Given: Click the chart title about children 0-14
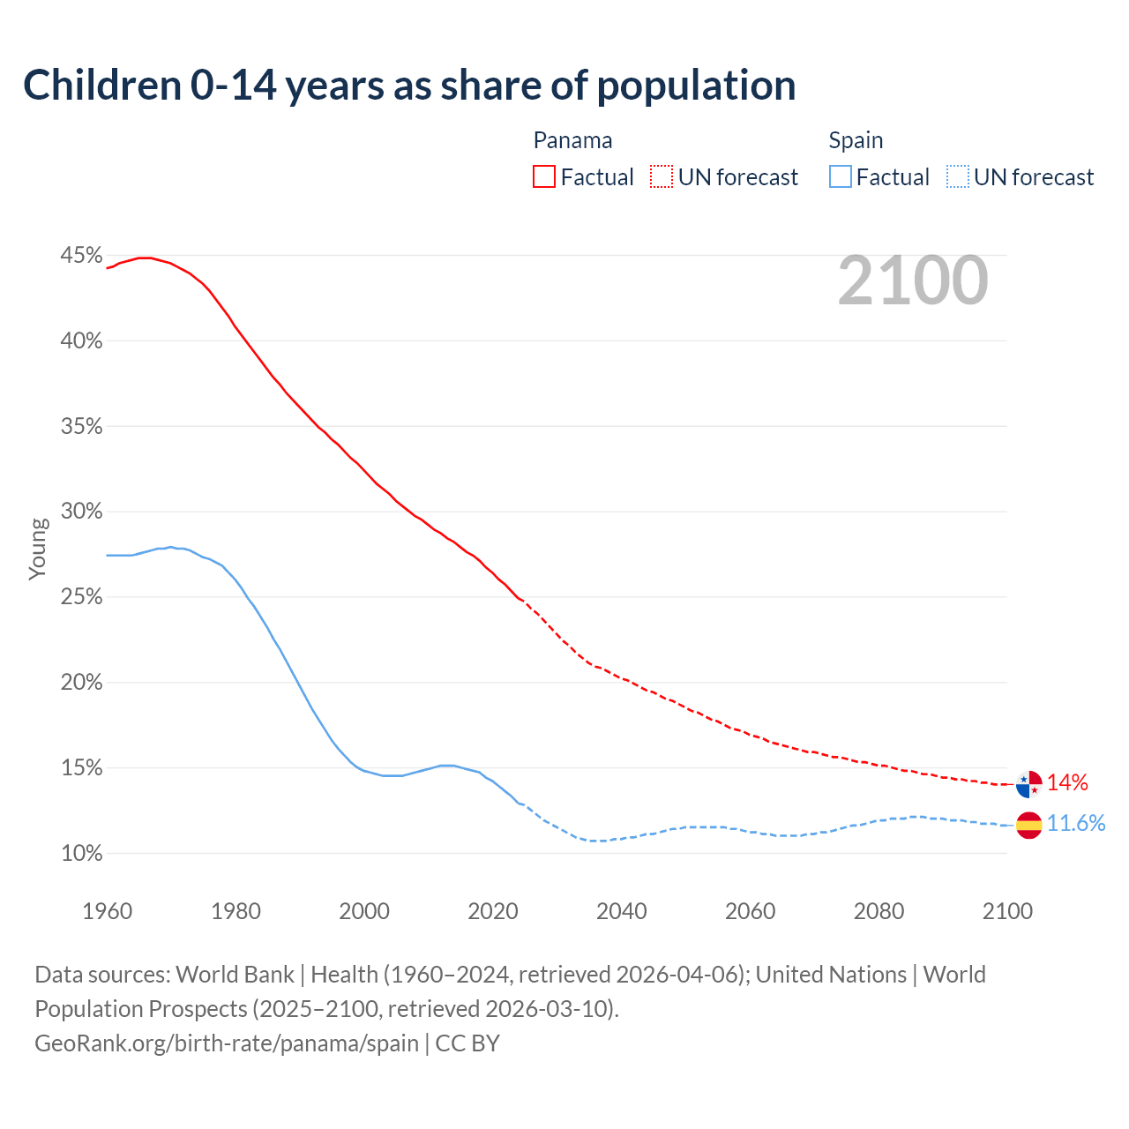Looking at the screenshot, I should (409, 86).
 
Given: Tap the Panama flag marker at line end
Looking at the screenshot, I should (1028, 783).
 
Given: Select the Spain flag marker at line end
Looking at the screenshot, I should (1028, 825).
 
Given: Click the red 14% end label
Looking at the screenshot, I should (1067, 783).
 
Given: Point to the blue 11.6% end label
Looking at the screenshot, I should (1076, 824).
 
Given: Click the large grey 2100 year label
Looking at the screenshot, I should (913, 280).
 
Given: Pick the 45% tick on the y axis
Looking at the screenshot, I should (81, 256).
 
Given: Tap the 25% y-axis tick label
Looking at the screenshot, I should (81, 597).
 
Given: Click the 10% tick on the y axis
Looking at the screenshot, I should (81, 854).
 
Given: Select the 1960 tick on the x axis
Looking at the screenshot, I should (108, 911).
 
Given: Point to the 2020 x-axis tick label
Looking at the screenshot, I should (493, 911).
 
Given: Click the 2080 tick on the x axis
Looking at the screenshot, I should (879, 911).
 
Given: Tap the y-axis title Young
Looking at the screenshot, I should (38, 549).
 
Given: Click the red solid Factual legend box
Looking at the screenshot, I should (544, 177).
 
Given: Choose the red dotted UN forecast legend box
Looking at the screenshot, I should (662, 177).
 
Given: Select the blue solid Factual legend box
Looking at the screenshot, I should (841, 177).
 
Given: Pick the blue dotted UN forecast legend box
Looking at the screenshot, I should (958, 177).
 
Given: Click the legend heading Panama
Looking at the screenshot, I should (572, 140).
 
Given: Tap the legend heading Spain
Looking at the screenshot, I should (856, 140).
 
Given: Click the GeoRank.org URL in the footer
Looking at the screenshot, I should (227, 1043).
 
